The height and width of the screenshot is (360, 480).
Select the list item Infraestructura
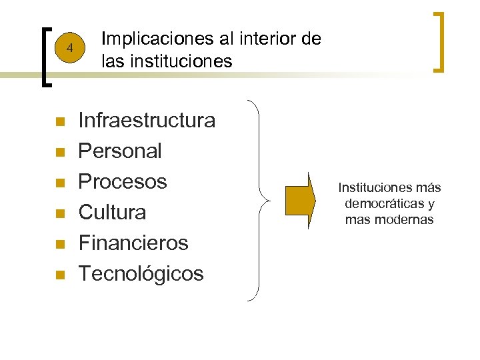pyautogui.click(x=147, y=121)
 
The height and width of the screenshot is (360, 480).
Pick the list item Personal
pyautogui.click(x=120, y=151)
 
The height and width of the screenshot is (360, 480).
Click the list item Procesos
pyautogui.click(x=123, y=182)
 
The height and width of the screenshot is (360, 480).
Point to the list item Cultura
pyautogui.click(x=112, y=213)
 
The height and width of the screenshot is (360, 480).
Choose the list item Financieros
pyautogui.click(x=133, y=243)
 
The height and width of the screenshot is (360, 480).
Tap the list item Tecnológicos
pyautogui.click(x=141, y=274)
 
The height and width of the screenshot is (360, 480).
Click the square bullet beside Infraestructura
pyautogui.click(x=59, y=122)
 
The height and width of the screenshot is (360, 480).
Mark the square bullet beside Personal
pyautogui.click(x=59, y=153)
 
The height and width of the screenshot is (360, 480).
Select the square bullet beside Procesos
pyautogui.click(x=59, y=183)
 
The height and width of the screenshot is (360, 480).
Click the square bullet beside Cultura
pyautogui.click(x=59, y=214)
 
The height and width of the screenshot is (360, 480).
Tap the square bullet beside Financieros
pyautogui.click(x=59, y=245)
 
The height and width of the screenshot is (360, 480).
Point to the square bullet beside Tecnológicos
pyautogui.click(x=59, y=275)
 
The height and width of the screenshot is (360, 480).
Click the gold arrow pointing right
pyautogui.click(x=300, y=201)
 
